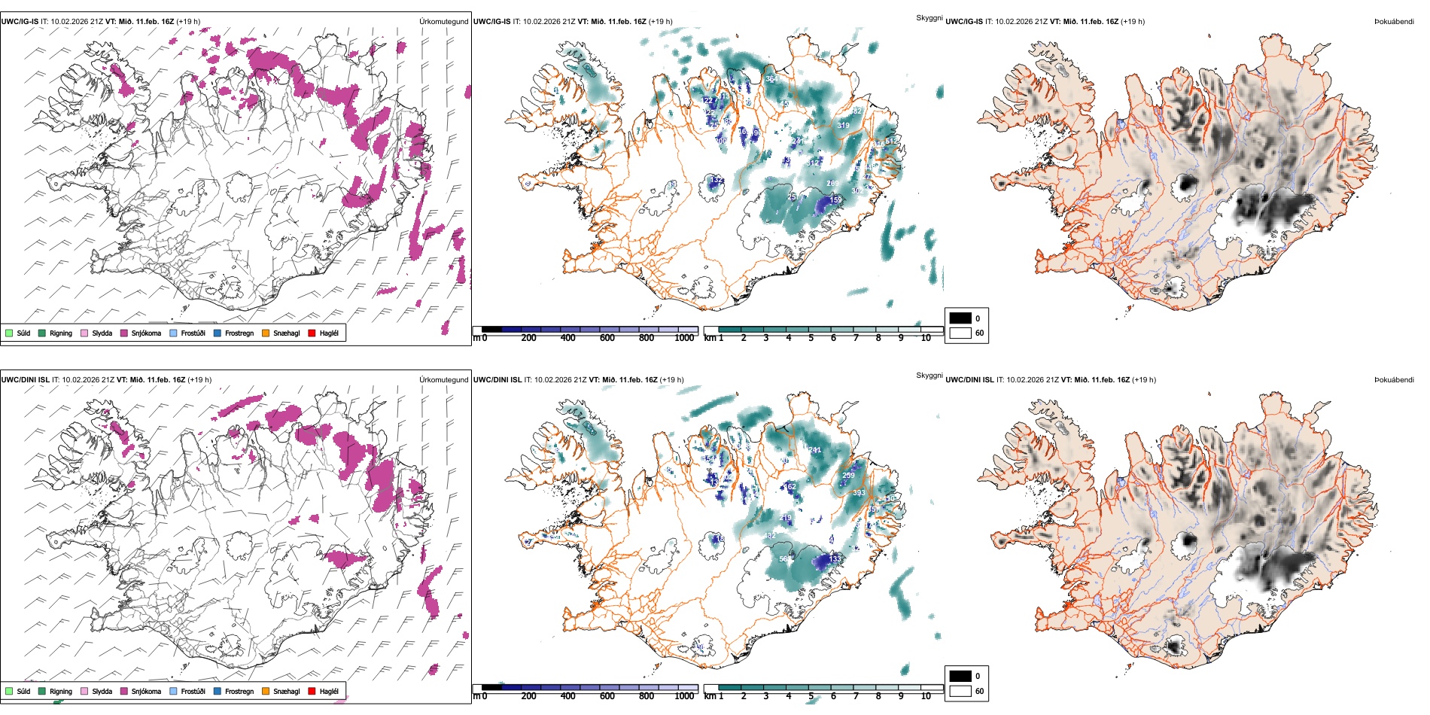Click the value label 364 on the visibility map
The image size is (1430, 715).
[771, 79]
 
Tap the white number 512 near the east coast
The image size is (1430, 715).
[891, 141]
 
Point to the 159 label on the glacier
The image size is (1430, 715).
[836, 200]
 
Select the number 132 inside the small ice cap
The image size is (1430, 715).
[717, 181]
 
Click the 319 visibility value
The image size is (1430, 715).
[843, 126]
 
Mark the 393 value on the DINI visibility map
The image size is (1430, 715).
[859, 494]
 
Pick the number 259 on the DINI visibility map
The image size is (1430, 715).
[848, 476]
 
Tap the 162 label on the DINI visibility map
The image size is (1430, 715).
[790, 487]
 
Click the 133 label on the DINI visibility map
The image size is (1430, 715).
[834, 558]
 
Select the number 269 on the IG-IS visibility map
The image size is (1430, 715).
[832, 184]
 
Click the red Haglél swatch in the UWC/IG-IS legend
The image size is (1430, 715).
[312, 333]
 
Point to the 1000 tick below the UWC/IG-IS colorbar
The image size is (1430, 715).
[684, 339]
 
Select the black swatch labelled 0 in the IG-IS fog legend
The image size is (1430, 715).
[960, 318]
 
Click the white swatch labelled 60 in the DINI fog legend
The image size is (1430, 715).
[960, 691]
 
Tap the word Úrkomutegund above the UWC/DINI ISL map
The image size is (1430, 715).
[443, 380]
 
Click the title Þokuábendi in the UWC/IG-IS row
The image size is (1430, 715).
[1394, 22]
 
